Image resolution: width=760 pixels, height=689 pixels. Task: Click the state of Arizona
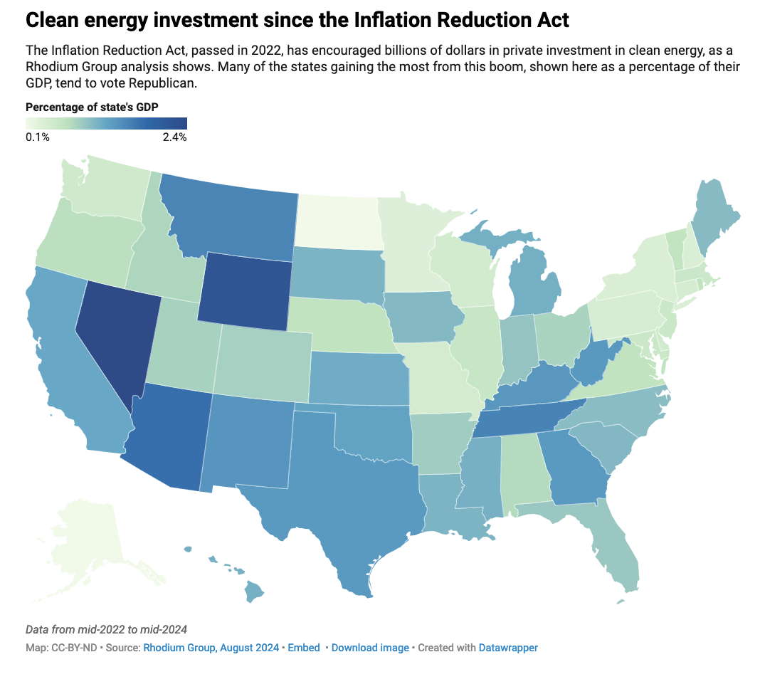pyautogui.click(x=171, y=434)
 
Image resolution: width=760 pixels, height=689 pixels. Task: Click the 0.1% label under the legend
pyautogui.click(x=38, y=137)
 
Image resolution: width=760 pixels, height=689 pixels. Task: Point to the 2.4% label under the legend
pyautogui.click(x=174, y=137)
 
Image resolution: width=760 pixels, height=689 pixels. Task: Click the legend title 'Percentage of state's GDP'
pyautogui.click(x=92, y=107)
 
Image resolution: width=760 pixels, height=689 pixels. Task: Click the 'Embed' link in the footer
pyautogui.click(x=304, y=648)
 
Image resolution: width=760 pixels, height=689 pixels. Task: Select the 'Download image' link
pyautogui.click(x=370, y=648)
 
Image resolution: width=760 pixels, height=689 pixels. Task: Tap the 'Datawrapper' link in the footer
pyautogui.click(x=508, y=648)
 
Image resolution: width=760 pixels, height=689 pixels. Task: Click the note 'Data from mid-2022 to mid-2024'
pyautogui.click(x=106, y=629)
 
